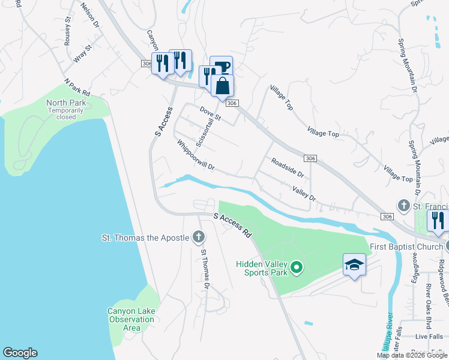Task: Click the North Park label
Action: point(66,103)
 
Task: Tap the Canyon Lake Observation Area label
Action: point(131,319)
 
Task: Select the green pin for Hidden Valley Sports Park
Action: point(296,267)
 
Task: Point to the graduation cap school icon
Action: point(354,265)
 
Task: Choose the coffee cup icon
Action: point(221,67)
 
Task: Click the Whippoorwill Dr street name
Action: point(196,155)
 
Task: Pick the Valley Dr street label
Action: point(304,193)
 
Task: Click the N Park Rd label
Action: point(77,88)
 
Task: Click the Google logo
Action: point(20,353)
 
